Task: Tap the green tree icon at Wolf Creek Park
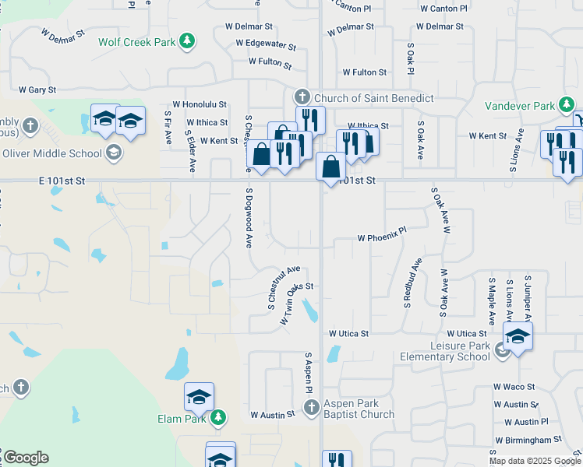pos(186,41)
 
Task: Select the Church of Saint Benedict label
pos(373,98)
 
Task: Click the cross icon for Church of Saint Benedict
pos(302,97)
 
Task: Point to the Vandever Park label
pos(519,106)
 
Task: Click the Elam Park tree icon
pos(218,418)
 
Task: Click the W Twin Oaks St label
pos(291,300)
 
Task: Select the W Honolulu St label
pos(200,104)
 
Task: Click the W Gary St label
pos(37,90)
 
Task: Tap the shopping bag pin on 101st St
pos(331,167)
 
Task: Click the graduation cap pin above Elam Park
pos(200,397)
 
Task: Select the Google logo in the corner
pos(26,458)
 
